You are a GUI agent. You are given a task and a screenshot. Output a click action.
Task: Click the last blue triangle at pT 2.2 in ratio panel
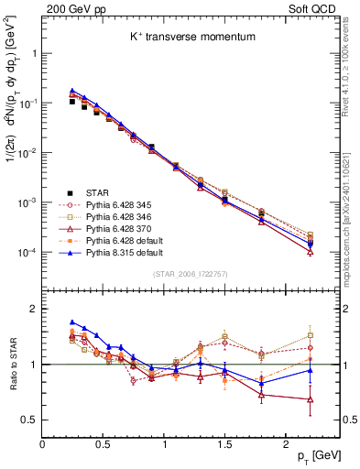coord(311,370)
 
